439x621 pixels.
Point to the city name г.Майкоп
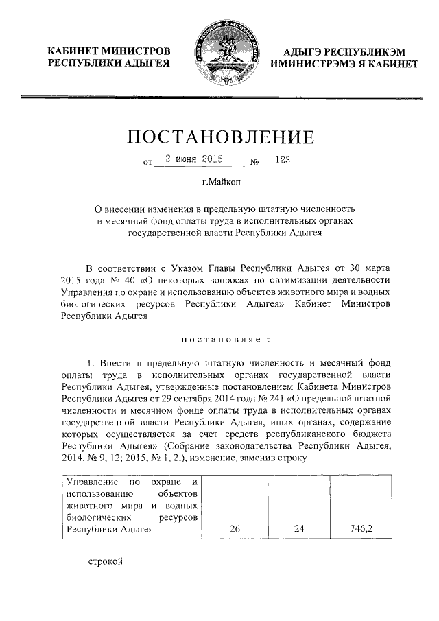(220, 183)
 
